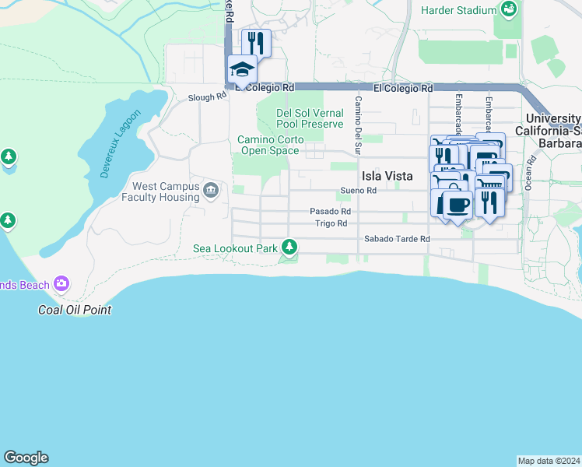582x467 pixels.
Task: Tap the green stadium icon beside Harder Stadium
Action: [x=509, y=10]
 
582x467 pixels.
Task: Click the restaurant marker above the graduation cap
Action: [x=256, y=42]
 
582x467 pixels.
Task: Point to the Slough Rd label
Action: [x=207, y=97]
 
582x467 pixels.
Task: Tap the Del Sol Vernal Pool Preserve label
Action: [x=310, y=118]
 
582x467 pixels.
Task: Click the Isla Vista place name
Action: [x=387, y=176]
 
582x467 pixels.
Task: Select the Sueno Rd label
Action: [x=359, y=191]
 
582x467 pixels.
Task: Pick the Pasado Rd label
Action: [x=330, y=211]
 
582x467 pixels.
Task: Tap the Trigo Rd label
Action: [x=331, y=223]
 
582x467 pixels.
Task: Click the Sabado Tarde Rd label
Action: [x=397, y=239]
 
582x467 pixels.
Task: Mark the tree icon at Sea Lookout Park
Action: [x=289, y=248]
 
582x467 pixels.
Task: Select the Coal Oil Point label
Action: [x=75, y=310]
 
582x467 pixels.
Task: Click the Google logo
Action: [x=26, y=458]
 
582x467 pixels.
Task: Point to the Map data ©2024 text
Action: [x=549, y=460]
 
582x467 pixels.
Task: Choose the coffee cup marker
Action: [x=457, y=204]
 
